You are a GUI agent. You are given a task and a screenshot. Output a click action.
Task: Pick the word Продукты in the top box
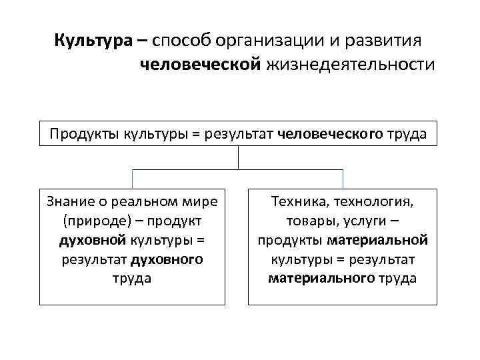[85, 134]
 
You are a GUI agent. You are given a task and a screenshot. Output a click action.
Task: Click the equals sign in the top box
[195, 134]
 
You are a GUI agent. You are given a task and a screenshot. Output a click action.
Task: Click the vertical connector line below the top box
[238, 157]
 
